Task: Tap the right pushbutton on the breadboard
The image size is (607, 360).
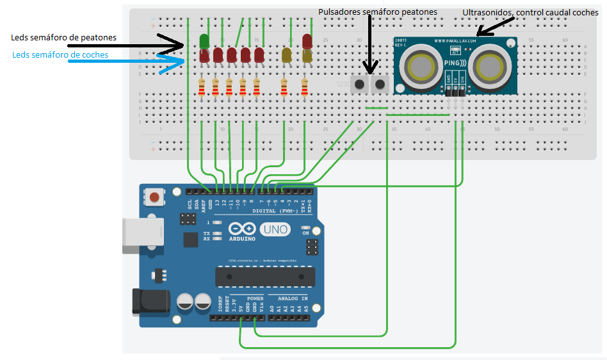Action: click(380, 84)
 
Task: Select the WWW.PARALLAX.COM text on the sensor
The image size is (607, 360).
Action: click(456, 42)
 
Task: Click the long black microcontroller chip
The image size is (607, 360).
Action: click(266, 276)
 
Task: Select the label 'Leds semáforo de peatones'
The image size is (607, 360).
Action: click(63, 38)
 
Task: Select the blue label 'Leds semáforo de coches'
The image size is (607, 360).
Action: click(60, 55)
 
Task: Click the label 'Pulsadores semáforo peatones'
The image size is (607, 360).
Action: click(378, 12)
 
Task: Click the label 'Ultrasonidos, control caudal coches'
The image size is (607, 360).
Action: click(530, 13)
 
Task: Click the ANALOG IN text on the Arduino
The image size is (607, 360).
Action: click(292, 299)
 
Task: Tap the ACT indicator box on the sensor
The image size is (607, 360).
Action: click(456, 50)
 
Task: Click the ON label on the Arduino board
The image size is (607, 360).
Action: click(305, 233)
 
